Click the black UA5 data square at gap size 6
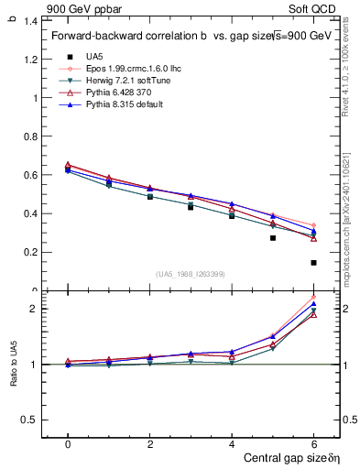click(313, 263)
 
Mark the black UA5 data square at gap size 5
click(272, 238)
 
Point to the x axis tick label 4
click(232, 443)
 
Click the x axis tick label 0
click(68, 443)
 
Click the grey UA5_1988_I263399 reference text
click(191, 274)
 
